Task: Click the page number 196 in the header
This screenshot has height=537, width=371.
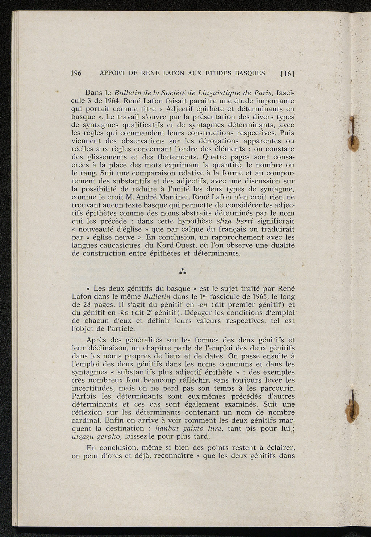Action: click(x=76, y=73)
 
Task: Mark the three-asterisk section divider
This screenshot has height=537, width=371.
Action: click(x=183, y=271)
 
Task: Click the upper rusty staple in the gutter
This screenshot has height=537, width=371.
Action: click(x=351, y=134)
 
